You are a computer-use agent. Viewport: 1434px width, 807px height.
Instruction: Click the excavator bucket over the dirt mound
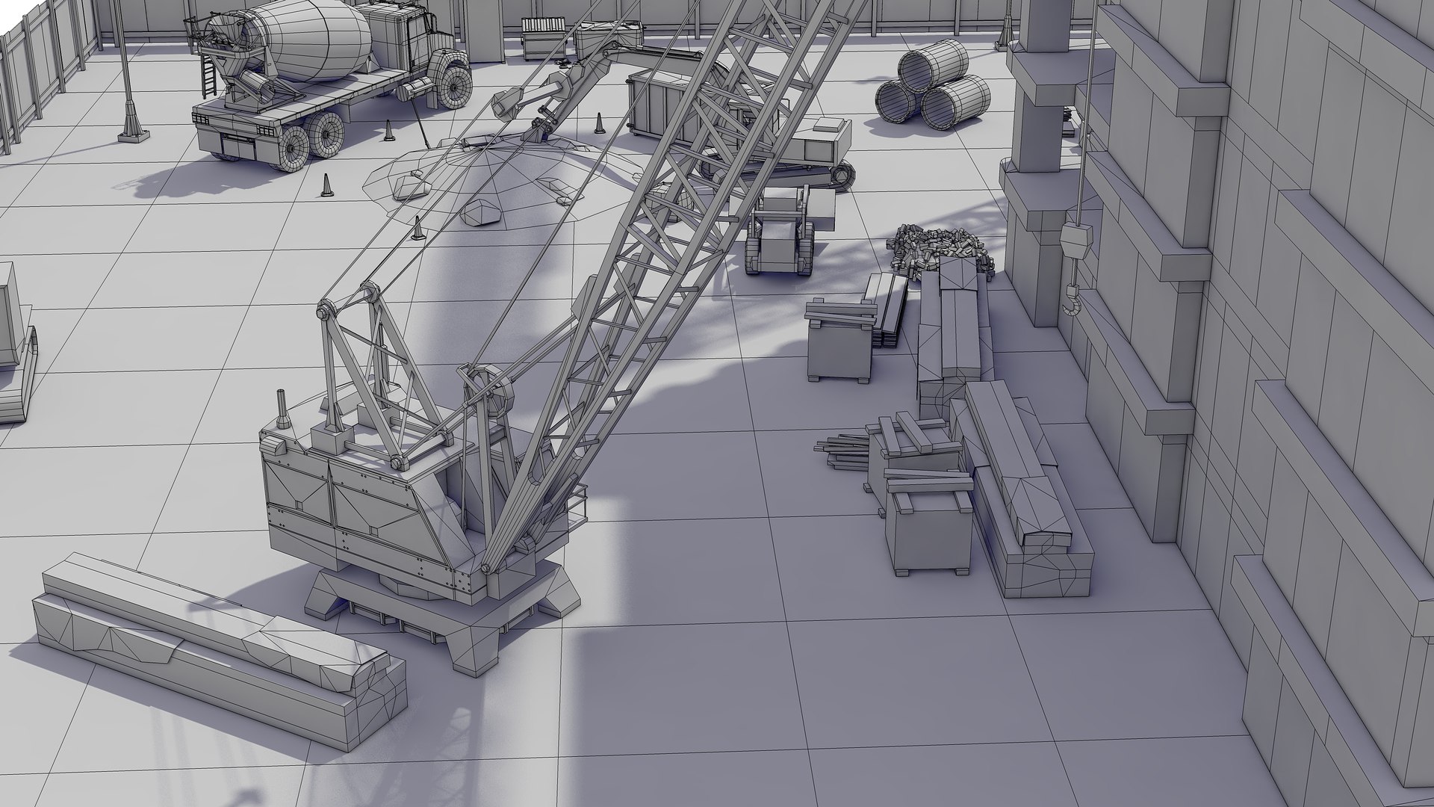(x=507, y=105)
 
